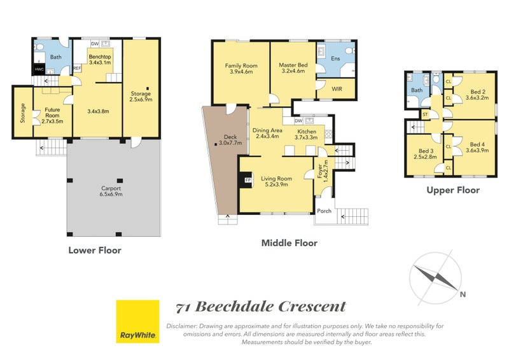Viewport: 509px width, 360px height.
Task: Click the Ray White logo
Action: click(137, 321)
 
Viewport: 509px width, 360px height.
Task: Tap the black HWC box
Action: click(39, 69)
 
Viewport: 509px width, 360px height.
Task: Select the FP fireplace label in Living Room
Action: click(248, 180)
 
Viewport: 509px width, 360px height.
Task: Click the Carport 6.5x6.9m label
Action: click(111, 191)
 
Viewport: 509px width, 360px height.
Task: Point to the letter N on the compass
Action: click(463, 294)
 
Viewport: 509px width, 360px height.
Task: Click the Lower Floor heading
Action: click(95, 250)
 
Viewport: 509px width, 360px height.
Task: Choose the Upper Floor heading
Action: click(453, 190)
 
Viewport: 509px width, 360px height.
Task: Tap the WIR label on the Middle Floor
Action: click(337, 88)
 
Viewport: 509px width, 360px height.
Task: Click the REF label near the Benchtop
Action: click(77, 68)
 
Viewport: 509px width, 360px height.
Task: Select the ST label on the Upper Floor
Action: click(425, 114)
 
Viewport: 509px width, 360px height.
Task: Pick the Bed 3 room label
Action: click(426, 151)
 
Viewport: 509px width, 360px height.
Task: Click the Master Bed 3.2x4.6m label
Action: click(293, 68)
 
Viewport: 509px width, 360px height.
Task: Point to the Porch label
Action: click(324, 211)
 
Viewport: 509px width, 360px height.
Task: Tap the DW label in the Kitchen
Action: click(298, 121)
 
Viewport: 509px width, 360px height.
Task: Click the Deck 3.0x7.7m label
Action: click(230, 140)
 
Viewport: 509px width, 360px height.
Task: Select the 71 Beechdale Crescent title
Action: click(261, 307)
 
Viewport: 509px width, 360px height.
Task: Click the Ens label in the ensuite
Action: click(335, 59)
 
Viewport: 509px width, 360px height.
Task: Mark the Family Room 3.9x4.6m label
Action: click(241, 69)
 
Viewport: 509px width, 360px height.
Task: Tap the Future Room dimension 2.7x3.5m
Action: click(52, 121)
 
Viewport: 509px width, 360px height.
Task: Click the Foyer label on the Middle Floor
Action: click(320, 171)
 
